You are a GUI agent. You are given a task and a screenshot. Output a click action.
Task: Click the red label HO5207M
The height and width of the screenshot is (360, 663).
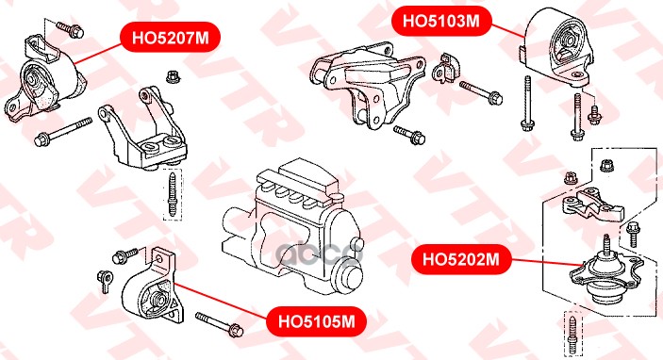171,37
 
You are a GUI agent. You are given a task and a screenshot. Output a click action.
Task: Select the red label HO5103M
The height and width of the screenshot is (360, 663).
441,21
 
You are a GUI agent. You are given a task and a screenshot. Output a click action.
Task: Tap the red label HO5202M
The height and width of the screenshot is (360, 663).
461,259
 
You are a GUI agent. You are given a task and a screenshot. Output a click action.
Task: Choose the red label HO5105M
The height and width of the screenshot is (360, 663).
316,321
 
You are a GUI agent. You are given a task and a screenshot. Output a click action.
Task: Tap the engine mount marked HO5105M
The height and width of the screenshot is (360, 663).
153,287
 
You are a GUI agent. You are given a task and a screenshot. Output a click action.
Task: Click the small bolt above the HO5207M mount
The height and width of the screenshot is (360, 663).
70,28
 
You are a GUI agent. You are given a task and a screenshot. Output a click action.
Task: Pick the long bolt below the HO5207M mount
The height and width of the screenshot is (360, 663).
62,131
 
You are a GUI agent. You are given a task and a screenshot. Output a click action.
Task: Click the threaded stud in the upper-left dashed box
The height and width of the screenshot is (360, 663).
172,194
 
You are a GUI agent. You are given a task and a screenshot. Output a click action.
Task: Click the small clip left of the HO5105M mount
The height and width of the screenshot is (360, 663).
105,280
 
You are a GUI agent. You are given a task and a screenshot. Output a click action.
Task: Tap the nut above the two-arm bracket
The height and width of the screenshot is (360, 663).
173,76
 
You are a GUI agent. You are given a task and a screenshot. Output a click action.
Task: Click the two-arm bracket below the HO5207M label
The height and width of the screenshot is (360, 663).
142,128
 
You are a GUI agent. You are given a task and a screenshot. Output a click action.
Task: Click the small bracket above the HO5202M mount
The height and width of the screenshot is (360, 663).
592,205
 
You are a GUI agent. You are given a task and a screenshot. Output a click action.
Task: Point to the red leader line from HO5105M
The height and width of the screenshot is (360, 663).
220,300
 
